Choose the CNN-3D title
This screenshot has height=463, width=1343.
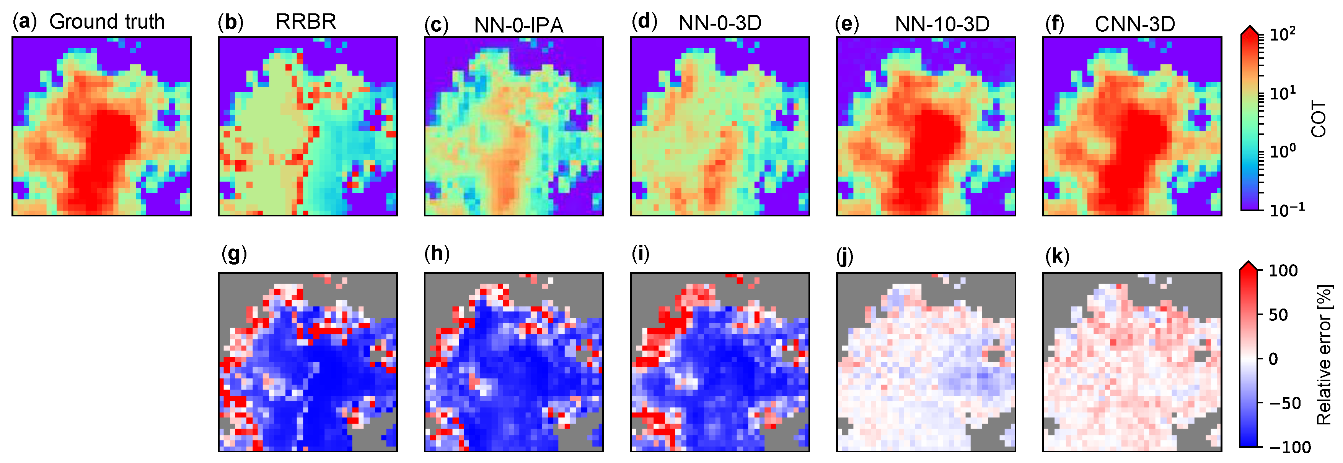(1134, 24)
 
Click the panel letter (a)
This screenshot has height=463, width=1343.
(24, 22)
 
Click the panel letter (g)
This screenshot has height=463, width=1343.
(233, 254)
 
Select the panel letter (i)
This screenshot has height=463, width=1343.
(640, 253)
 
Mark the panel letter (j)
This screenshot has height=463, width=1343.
(844, 256)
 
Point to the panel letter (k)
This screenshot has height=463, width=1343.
(1057, 256)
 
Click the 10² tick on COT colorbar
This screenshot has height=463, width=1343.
(1283, 35)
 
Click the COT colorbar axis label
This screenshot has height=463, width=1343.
(1318, 119)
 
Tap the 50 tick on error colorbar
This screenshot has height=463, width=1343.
(1278, 315)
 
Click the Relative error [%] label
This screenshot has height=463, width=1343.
(1324, 354)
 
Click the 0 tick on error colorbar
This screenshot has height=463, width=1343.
(1273, 359)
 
